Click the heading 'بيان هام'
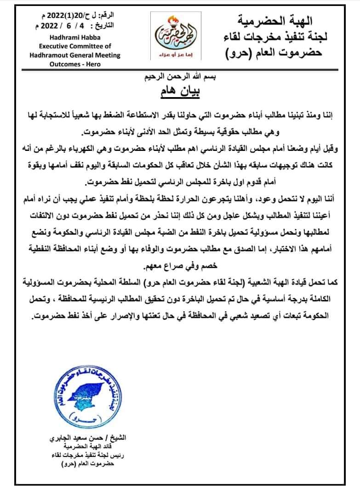180,92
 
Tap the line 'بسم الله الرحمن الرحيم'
181,76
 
